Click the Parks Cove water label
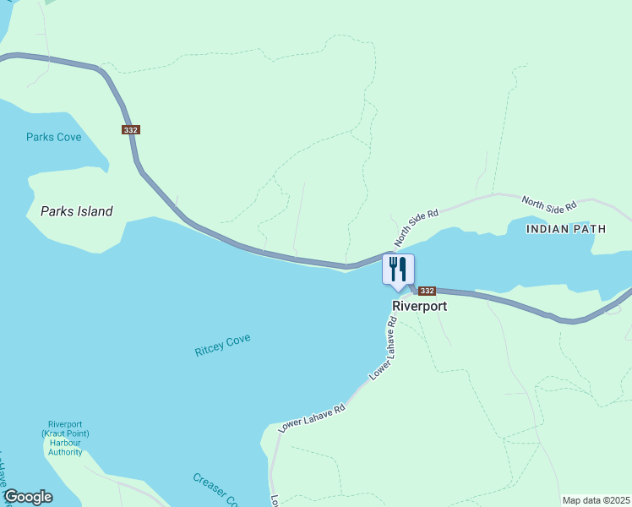53,137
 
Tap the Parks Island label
76,211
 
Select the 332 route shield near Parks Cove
130,129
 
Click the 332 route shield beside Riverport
427,290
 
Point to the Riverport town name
419,306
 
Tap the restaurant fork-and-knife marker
398,270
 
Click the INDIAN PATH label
559,229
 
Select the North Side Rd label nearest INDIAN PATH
548,204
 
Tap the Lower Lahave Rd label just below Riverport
382,347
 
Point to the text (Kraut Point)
65,433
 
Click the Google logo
28,497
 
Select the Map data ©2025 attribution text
596,500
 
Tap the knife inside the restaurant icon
403,269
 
